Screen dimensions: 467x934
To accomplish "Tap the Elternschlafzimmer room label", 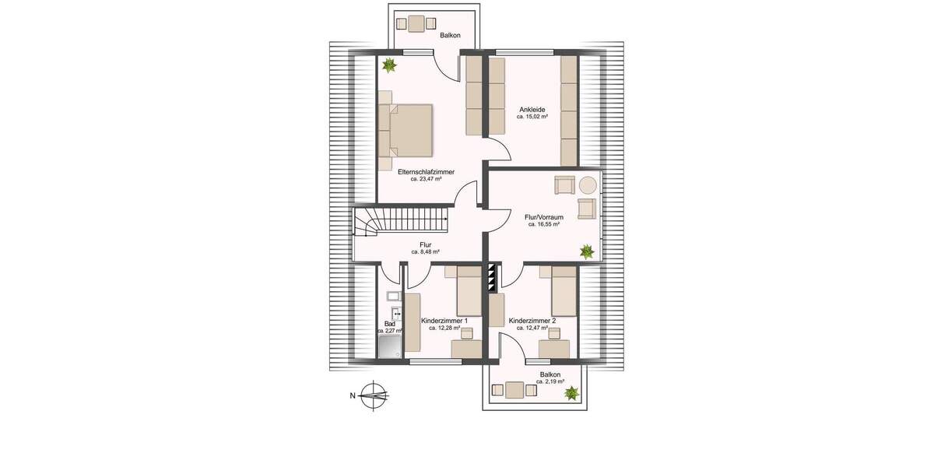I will tap(426, 171).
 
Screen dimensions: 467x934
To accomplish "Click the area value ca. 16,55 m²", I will tap(544, 224).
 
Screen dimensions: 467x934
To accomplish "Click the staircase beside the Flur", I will tap(402, 221).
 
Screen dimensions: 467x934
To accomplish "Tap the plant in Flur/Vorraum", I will tap(586, 251).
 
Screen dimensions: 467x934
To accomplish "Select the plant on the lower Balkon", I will tap(572, 394).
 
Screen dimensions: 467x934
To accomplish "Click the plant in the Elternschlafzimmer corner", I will tap(389, 65).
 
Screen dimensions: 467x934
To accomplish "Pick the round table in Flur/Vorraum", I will tap(588, 184).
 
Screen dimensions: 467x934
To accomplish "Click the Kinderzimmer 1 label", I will tap(444, 321).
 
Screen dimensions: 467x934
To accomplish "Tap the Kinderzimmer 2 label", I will tap(532, 321).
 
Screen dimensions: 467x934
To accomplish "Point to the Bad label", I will tap(390, 324).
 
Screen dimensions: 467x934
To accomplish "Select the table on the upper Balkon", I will tap(416, 23).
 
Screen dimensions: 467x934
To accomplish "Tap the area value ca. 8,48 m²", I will tap(426, 252).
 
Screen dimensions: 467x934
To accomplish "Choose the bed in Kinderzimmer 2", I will tap(564, 292).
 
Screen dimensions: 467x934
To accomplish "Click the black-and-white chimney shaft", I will tap(492, 279).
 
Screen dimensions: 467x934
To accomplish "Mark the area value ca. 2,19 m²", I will tap(550, 382).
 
